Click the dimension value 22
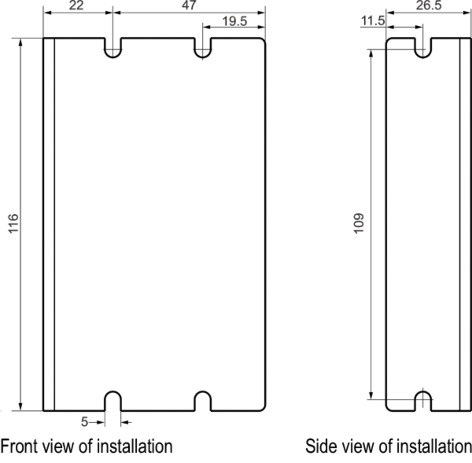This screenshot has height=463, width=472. tap(76, 6)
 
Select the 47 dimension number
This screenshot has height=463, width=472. tap(189, 6)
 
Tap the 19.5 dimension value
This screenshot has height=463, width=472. tap(235, 21)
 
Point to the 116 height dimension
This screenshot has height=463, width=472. tap(13, 223)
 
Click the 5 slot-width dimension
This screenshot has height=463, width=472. tap(85, 422)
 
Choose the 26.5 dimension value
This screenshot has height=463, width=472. tap(429, 6)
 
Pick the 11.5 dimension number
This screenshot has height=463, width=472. tap(373, 21)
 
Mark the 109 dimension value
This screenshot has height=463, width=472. tap(359, 224)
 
